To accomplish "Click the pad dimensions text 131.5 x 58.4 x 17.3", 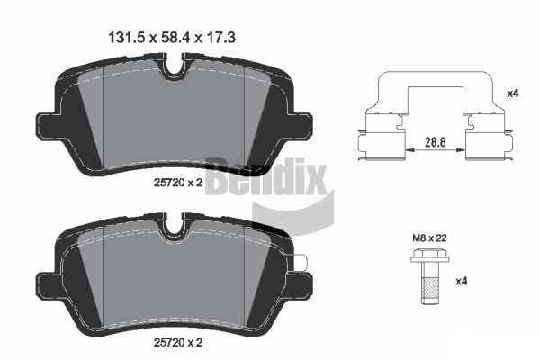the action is tap(172, 38).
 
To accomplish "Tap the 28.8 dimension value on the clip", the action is tap(436, 142).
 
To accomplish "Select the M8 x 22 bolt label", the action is tap(430, 238).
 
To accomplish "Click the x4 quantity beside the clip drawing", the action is tap(513, 93).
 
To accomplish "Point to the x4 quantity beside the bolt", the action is tap(462, 282).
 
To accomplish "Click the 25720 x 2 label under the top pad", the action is tap(178, 183).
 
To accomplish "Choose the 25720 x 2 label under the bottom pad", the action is tap(178, 342).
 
